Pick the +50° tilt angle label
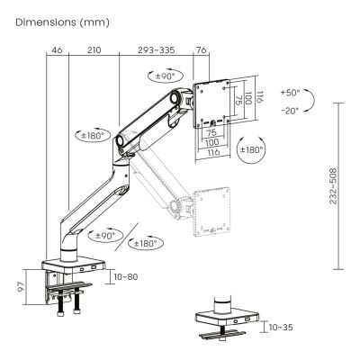coord(292,93)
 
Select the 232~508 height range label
coord(333,185)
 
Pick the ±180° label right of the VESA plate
coord(252,148)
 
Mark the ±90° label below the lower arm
coord(104,235)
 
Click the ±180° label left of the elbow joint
coord(91,135)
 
